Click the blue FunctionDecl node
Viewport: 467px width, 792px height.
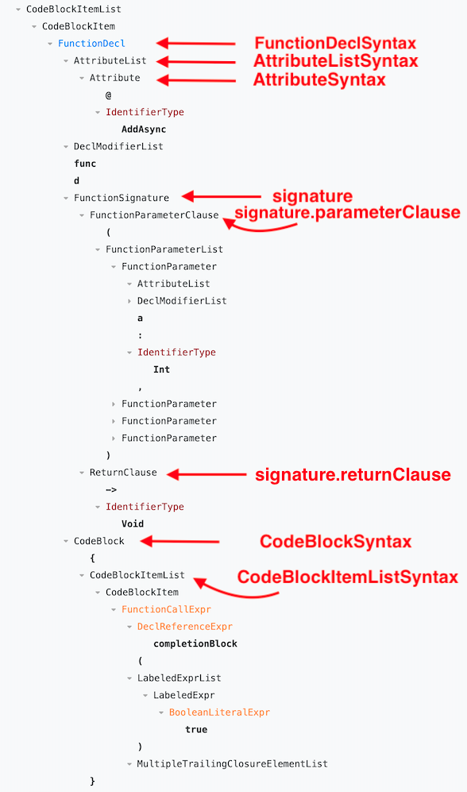pos(91,44)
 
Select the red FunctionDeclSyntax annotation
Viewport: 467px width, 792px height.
pos(335,44)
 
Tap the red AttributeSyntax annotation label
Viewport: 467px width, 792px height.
pos(319,79)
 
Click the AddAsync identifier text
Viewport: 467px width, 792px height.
pos(144,129)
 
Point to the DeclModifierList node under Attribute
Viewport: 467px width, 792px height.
pos(118,146)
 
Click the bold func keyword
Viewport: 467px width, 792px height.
pos(85,164)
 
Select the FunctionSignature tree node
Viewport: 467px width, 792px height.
pos(121,198)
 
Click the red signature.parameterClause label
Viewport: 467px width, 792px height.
pos(347,212)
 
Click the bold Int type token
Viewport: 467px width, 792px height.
pos(161,369)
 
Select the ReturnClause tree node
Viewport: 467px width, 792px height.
pos(123,473)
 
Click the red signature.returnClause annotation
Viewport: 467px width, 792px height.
pos(353,475)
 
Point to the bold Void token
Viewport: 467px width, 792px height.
pos(133,524)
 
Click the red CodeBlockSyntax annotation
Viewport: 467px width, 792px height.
pos(336,542)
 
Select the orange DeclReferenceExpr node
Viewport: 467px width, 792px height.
pos(185,627)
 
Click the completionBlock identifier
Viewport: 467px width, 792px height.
pos(195,643)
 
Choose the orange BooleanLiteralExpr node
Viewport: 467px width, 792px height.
pos(219,713)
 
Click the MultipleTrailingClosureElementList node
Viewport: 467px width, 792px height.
pos(232,764)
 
